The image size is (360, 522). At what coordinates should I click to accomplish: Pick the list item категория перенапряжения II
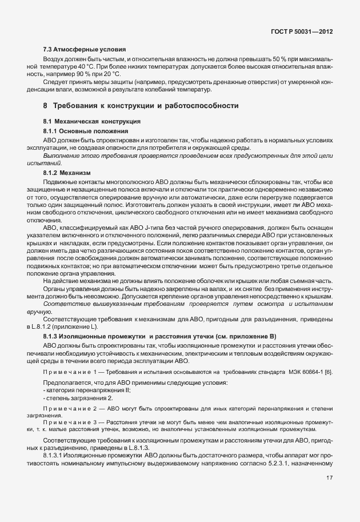pyautogui.click(x=87, y=390)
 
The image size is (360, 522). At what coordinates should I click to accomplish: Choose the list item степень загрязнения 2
pyautogui.click(x=79, y=397)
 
